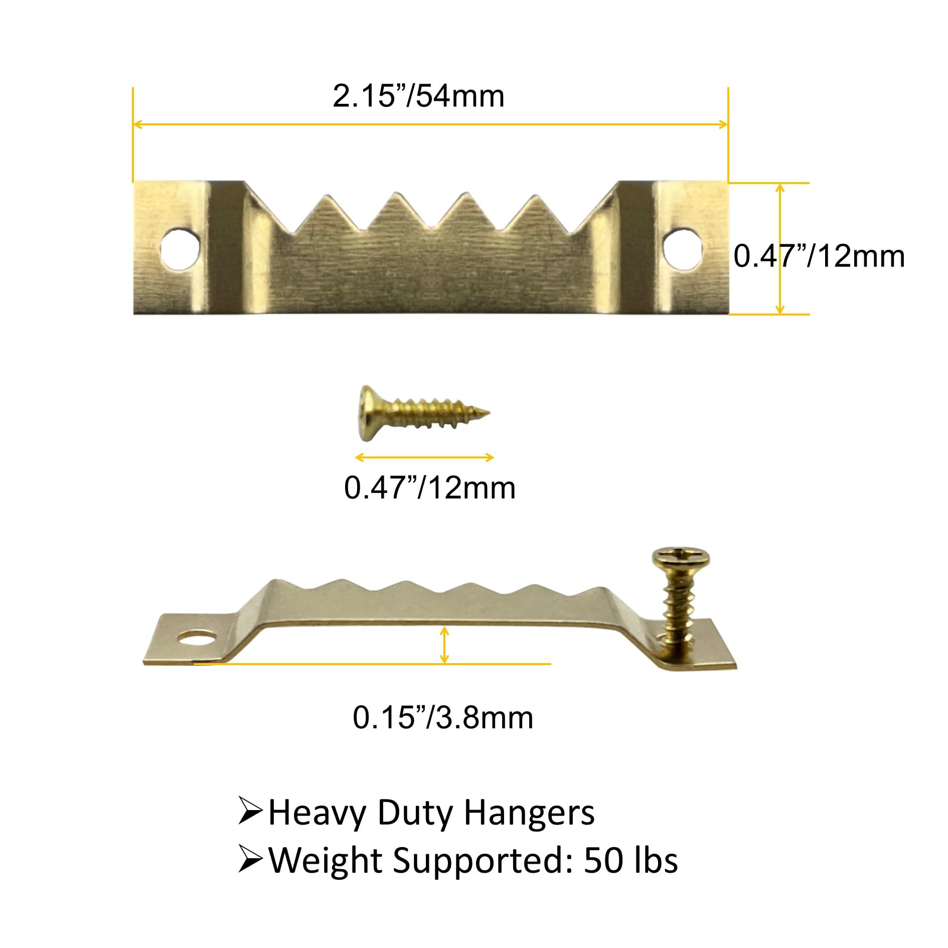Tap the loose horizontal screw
tap(424, 414)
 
